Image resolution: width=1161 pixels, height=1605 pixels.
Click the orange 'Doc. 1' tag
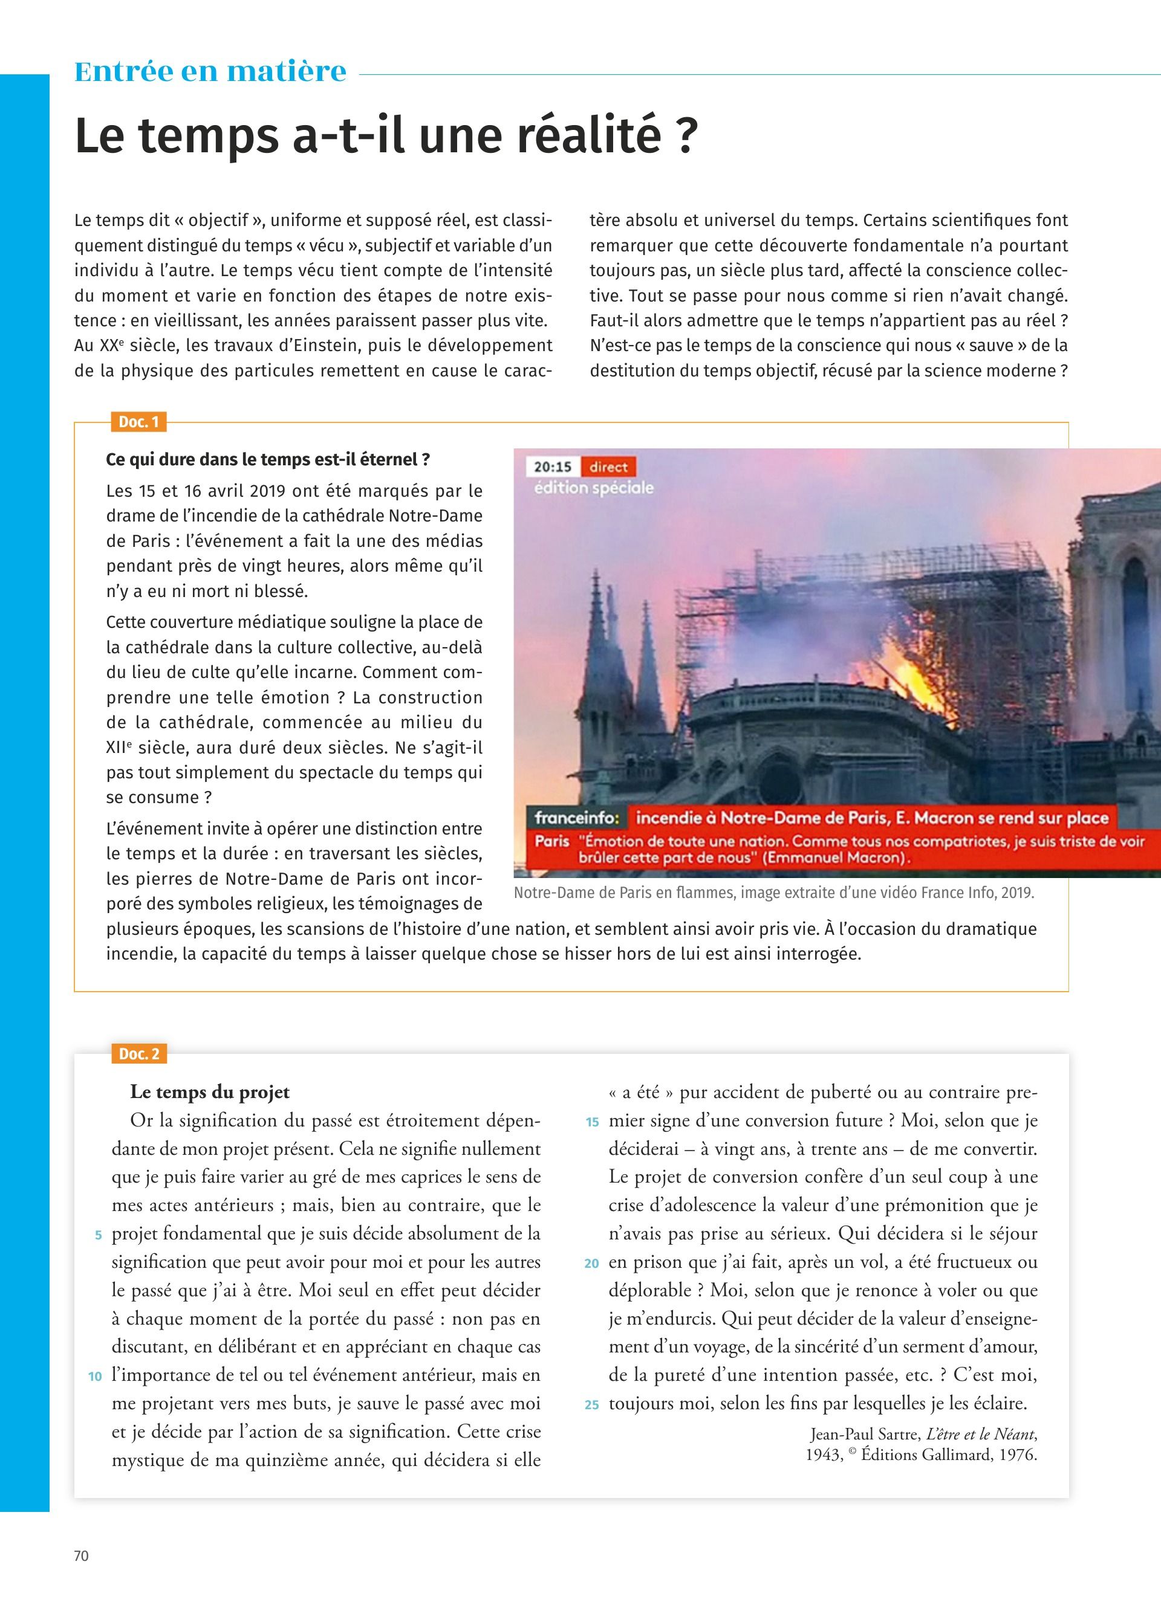(138, 422)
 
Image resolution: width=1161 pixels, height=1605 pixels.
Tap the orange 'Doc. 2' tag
(138, 1054)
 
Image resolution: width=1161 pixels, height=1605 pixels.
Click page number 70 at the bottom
(82, 1555)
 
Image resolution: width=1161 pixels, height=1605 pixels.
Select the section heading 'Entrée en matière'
(210, 71)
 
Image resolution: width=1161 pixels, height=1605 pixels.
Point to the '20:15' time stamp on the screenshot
(552, 467)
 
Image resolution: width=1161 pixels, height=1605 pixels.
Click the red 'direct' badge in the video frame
(608, 467)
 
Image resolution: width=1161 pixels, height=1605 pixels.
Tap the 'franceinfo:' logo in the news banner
(577, 818)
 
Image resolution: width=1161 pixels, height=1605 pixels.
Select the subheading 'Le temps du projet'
(210, 1092)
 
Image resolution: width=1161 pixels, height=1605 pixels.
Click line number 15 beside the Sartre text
(593, 1122)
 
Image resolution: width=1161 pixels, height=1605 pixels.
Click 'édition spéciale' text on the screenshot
(593, 488)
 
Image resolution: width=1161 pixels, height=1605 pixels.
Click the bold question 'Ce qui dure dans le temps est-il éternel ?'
(268, 459)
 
